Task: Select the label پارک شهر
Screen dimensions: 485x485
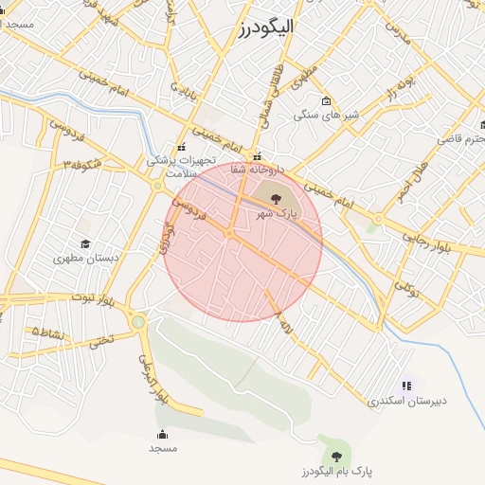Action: (277, 215)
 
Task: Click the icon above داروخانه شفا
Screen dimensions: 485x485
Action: (257, 156)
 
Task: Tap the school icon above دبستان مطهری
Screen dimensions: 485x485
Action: (86, 243)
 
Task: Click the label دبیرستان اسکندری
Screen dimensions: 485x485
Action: (406, 401)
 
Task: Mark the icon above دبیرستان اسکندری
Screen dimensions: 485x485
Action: (407, 386)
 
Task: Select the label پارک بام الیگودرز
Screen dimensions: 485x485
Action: (336, 471)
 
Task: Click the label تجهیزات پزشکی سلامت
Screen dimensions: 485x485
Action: (182, 167)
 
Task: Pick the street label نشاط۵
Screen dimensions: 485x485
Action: (48, 332)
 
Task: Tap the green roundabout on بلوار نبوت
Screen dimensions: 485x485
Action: (138, 322)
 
